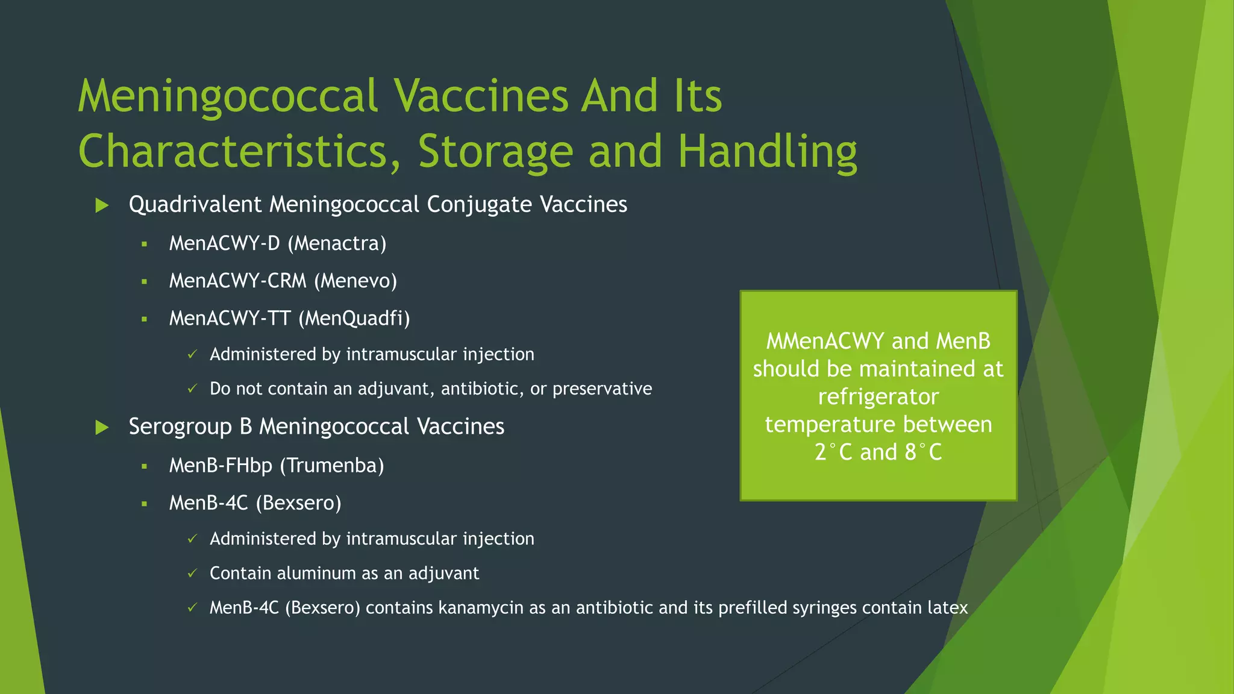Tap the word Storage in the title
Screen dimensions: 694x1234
click(x=495, y=152)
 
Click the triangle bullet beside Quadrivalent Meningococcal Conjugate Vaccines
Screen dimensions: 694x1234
click(x=102, y=205)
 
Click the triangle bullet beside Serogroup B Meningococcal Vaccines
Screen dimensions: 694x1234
click(x=102, y=428)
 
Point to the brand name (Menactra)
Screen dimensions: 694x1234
click(x=337, y=243)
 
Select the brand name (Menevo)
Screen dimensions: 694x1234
click(x=355, y=281)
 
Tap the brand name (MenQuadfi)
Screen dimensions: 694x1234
click(x=354, y=318)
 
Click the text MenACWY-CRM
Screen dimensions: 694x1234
click(x=237, y=281)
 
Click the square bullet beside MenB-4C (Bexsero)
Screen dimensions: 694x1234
click(x=145, y=504)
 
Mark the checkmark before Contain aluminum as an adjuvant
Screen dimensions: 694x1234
click(x=192, y=574)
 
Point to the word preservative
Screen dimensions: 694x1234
click(x=602, y=389)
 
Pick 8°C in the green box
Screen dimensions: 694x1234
click(x=922, y=452)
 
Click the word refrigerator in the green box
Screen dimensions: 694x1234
click(x=878, y=397)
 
